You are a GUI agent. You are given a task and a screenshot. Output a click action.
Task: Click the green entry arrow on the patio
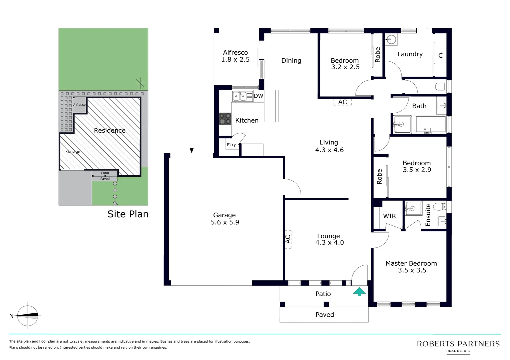[x=359, y=292]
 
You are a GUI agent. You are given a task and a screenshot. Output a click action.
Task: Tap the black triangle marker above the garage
[x=192, y=150]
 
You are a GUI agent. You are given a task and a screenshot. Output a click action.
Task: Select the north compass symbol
[x=27, y=316]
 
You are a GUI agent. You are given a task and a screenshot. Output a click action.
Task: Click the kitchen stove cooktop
[x=225, y=119]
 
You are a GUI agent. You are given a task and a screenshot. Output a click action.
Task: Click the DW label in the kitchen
[x=259, y=96]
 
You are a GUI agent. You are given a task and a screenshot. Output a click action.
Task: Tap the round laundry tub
[x=390, y=40]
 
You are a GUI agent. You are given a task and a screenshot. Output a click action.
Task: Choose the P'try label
[x=231, y=145]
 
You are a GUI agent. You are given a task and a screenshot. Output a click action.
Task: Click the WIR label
[x=389, y=216]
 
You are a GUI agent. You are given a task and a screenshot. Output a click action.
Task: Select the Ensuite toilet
[x=440, y=207]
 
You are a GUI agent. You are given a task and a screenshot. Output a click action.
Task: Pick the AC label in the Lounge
[x=288, y=239]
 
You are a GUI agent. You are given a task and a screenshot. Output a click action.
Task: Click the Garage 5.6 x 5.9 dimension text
[x=225, y=222]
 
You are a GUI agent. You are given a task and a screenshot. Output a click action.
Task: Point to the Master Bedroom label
[x=411, y=264]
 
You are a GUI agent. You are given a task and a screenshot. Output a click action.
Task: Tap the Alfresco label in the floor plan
[x=235, y=53]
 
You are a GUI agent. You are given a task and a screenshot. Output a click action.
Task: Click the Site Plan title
[x=128, y=214]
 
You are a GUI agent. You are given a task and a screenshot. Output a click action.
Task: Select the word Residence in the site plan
[x=109, y=130]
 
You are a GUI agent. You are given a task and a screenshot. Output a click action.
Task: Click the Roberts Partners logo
[x=458, y=346]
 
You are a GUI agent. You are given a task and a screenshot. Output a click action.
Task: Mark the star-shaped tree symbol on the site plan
[x=140, y=83]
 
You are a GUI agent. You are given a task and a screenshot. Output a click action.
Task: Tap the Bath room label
[x=419, y=106]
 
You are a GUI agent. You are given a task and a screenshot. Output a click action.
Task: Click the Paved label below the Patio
[x=325, y=315]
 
